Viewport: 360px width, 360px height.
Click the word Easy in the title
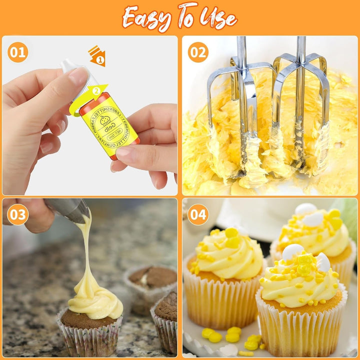coord(148,18)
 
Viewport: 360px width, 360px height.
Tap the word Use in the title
coord(217,18)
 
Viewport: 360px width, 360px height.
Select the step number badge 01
coord(17,52)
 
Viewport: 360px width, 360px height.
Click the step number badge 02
coord(198,52)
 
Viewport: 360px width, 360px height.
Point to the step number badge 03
coord(17,214)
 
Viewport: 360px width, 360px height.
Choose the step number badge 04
coord(198,214)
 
